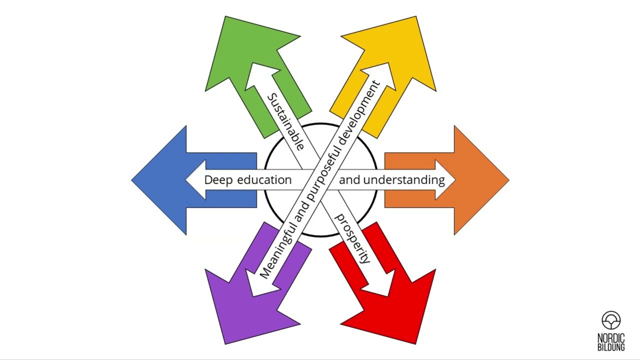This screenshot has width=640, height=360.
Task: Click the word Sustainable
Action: click(285, 122)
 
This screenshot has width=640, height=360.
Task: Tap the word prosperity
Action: click(352, 238)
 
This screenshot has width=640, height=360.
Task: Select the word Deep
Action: click(218, 180)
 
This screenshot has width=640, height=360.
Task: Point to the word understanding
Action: click(404, 180)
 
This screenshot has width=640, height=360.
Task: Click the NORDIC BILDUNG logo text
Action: click(611, 342)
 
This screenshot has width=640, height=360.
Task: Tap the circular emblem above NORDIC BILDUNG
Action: click(611, 320)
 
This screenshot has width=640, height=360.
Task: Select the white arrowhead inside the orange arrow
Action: click(445, 180)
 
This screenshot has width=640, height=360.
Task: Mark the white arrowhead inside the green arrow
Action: click(259, 76)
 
